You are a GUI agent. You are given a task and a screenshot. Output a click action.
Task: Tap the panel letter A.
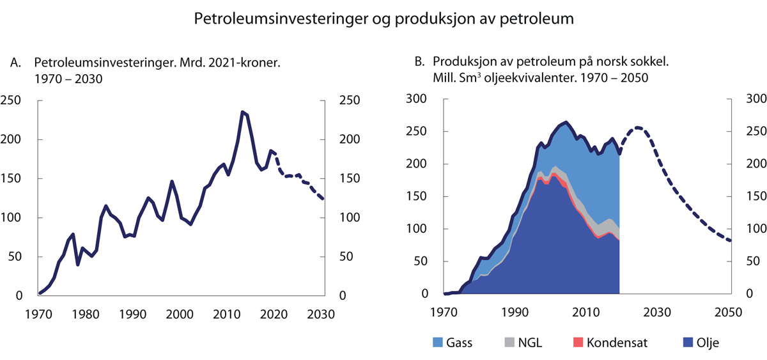15,63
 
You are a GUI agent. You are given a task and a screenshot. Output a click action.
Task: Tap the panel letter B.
419,63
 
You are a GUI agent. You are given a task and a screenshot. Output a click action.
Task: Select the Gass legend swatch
440,343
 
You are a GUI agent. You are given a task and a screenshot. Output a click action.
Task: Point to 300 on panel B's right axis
754,99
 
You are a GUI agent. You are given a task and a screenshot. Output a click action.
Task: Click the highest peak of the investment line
242,112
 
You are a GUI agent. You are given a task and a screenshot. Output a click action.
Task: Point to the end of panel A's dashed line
323,199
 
